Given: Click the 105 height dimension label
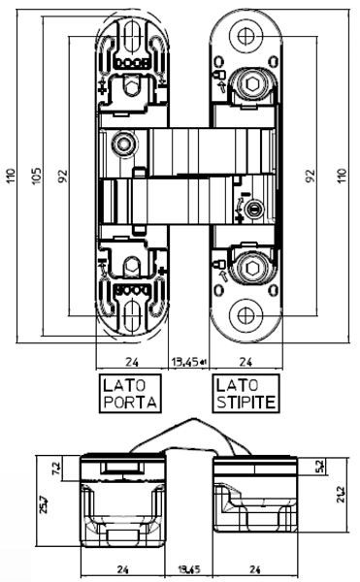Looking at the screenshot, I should [36, 178].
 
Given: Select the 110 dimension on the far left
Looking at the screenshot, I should [10, 178].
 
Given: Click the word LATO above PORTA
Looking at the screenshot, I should [124, 385].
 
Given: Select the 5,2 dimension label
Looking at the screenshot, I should [319, 467].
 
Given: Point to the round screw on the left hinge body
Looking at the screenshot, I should [123, 145].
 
